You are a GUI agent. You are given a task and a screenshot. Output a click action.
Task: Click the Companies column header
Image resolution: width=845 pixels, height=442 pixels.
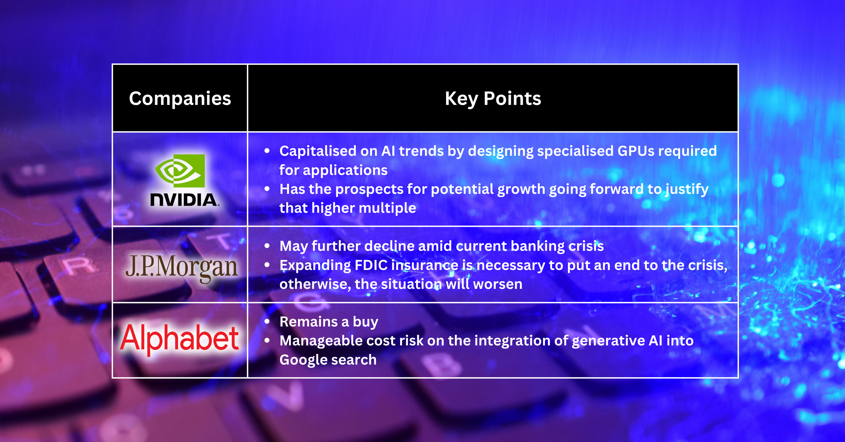coord(180,98)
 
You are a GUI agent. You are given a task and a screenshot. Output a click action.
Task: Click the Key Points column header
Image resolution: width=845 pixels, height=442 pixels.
coord(493,98)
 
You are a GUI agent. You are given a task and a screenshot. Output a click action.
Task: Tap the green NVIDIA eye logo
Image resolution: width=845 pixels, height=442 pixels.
coord(180,171)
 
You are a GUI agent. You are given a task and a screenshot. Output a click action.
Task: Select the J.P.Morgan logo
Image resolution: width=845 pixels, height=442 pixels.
coord(181,267)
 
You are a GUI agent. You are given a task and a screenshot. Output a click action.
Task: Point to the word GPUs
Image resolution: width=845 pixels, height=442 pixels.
coord(636,151)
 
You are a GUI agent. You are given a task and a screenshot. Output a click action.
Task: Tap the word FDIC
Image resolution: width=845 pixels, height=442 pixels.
coord(371,265)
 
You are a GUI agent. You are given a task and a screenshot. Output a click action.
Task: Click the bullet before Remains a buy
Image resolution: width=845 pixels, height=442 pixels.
coord(267,322)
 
